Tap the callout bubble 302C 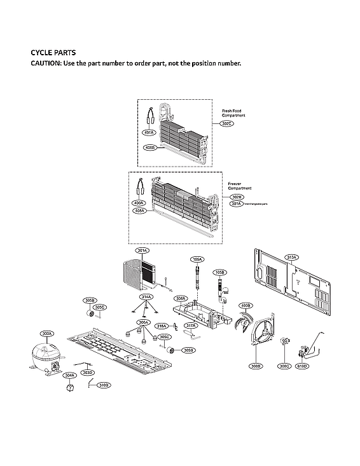click(x=228, y=123)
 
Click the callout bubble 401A click(x=149, y=133)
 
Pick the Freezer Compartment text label click(x=239, y=186)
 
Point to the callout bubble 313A click(x=291, y=257)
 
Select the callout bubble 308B click(x=256, y=366)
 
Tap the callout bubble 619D click(x=302, y=366)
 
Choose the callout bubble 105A click(x=197, y=259)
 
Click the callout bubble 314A click(x=146, y=297)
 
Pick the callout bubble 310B click(x=104, y=385)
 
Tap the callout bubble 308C click(x=284, y=366)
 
